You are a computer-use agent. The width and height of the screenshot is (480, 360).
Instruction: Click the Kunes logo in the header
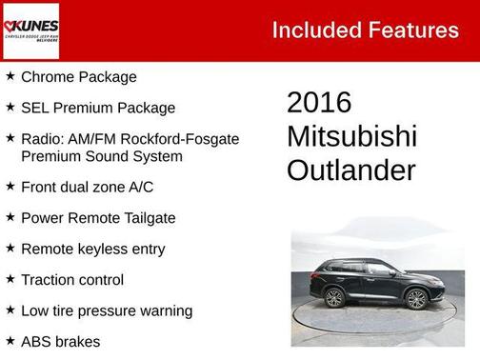click(x=31, y=30)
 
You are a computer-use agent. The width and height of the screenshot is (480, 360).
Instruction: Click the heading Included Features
click(x=365, y=30)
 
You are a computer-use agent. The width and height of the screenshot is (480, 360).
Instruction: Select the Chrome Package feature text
click(x=79, y=77)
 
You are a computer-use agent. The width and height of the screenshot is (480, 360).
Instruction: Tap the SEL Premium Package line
click(x=98, y=108)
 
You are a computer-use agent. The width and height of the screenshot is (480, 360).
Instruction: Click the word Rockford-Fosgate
click(x=185, y=139)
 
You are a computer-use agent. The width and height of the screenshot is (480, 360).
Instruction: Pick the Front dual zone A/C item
click(x=87, y=187)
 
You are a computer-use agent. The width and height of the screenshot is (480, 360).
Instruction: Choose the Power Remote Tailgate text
click(x=98, y=218)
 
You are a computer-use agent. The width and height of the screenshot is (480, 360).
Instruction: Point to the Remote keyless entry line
click(x=92, y=249)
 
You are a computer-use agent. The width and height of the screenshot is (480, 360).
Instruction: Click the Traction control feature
click(x=72, y=280)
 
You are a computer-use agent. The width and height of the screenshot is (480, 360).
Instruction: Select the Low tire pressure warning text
click(x=107, y=310)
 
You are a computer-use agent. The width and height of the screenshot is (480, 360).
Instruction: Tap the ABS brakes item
click(x=60, y=341)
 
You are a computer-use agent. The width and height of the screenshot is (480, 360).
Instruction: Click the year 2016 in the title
click(x=319, y=103)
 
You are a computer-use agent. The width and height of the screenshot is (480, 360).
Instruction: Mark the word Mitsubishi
click(x=351, y=136)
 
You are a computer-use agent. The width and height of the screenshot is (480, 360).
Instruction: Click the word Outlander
click(x=350, y=170)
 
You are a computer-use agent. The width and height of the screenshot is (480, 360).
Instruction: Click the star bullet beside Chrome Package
click(x=10, y=76)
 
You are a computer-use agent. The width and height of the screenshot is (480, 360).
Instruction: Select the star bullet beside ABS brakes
click(x=10, y=340)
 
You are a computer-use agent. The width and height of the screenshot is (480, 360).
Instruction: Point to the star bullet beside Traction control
click(x=10, y=279)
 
